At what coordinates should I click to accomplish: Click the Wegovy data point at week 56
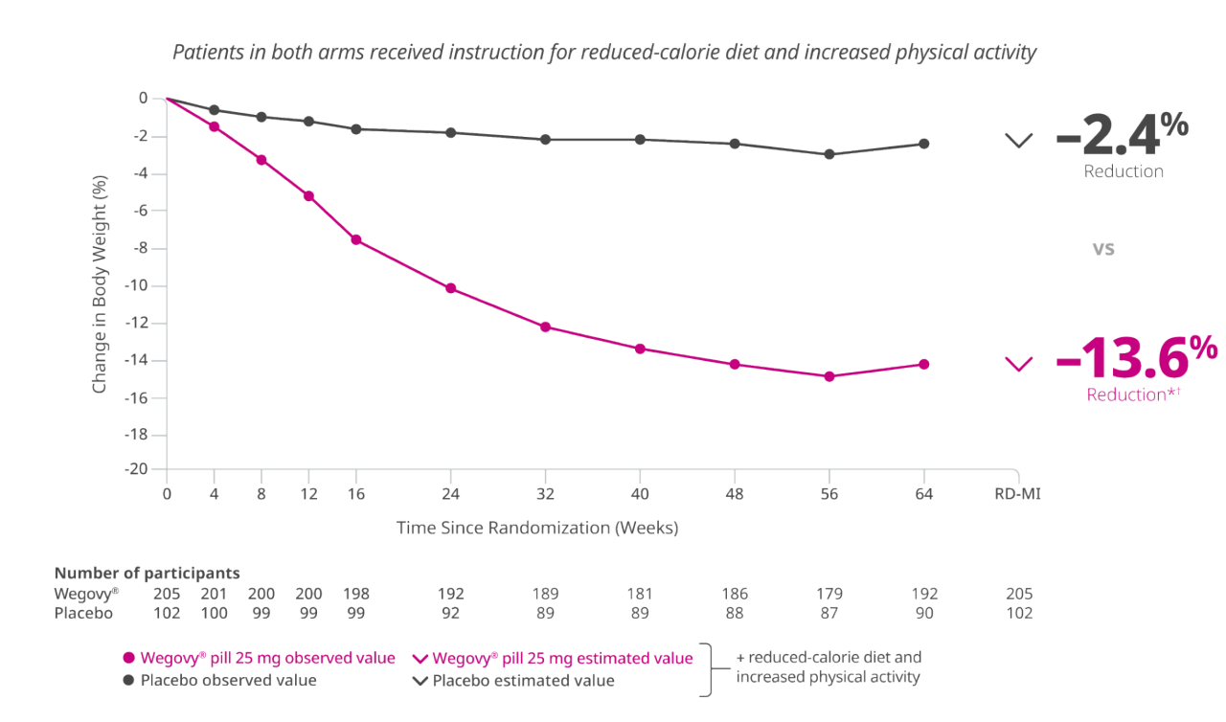tap(829, 376)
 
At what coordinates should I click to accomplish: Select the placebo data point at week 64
tap(924, 144)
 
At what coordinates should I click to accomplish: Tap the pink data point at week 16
tap(356, 239)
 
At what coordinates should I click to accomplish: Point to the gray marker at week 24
tap(451, 132)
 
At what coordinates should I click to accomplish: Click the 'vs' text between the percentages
tap(1103, 248)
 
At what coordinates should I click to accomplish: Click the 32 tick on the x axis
tap(546, 495)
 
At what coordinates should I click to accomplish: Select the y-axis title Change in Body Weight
tap(99, 285)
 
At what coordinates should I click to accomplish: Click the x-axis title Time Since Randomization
tap(537, 528)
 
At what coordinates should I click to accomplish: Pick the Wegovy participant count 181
tap(640, 594)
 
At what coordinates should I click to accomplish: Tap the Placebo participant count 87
tap(829, 613)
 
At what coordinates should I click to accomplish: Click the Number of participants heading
tap(147, 574)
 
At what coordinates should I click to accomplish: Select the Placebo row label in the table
tap(83, 613)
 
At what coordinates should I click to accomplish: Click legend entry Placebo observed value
tap(219, 681)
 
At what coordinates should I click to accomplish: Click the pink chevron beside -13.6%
tap(1019, 364)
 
